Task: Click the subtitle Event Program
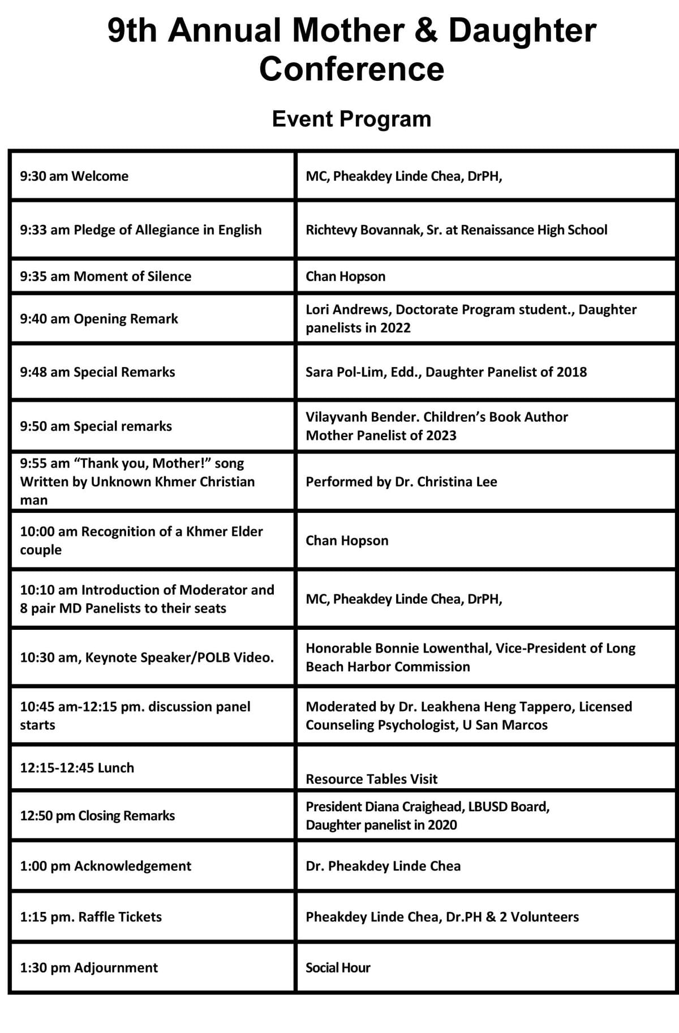351,119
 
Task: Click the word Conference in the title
351,69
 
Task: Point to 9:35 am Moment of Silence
106,276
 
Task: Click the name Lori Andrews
347,310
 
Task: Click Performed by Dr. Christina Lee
401,482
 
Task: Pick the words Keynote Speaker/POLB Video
179,658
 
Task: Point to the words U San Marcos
505,725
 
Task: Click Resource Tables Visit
371,779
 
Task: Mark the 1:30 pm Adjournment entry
89,968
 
